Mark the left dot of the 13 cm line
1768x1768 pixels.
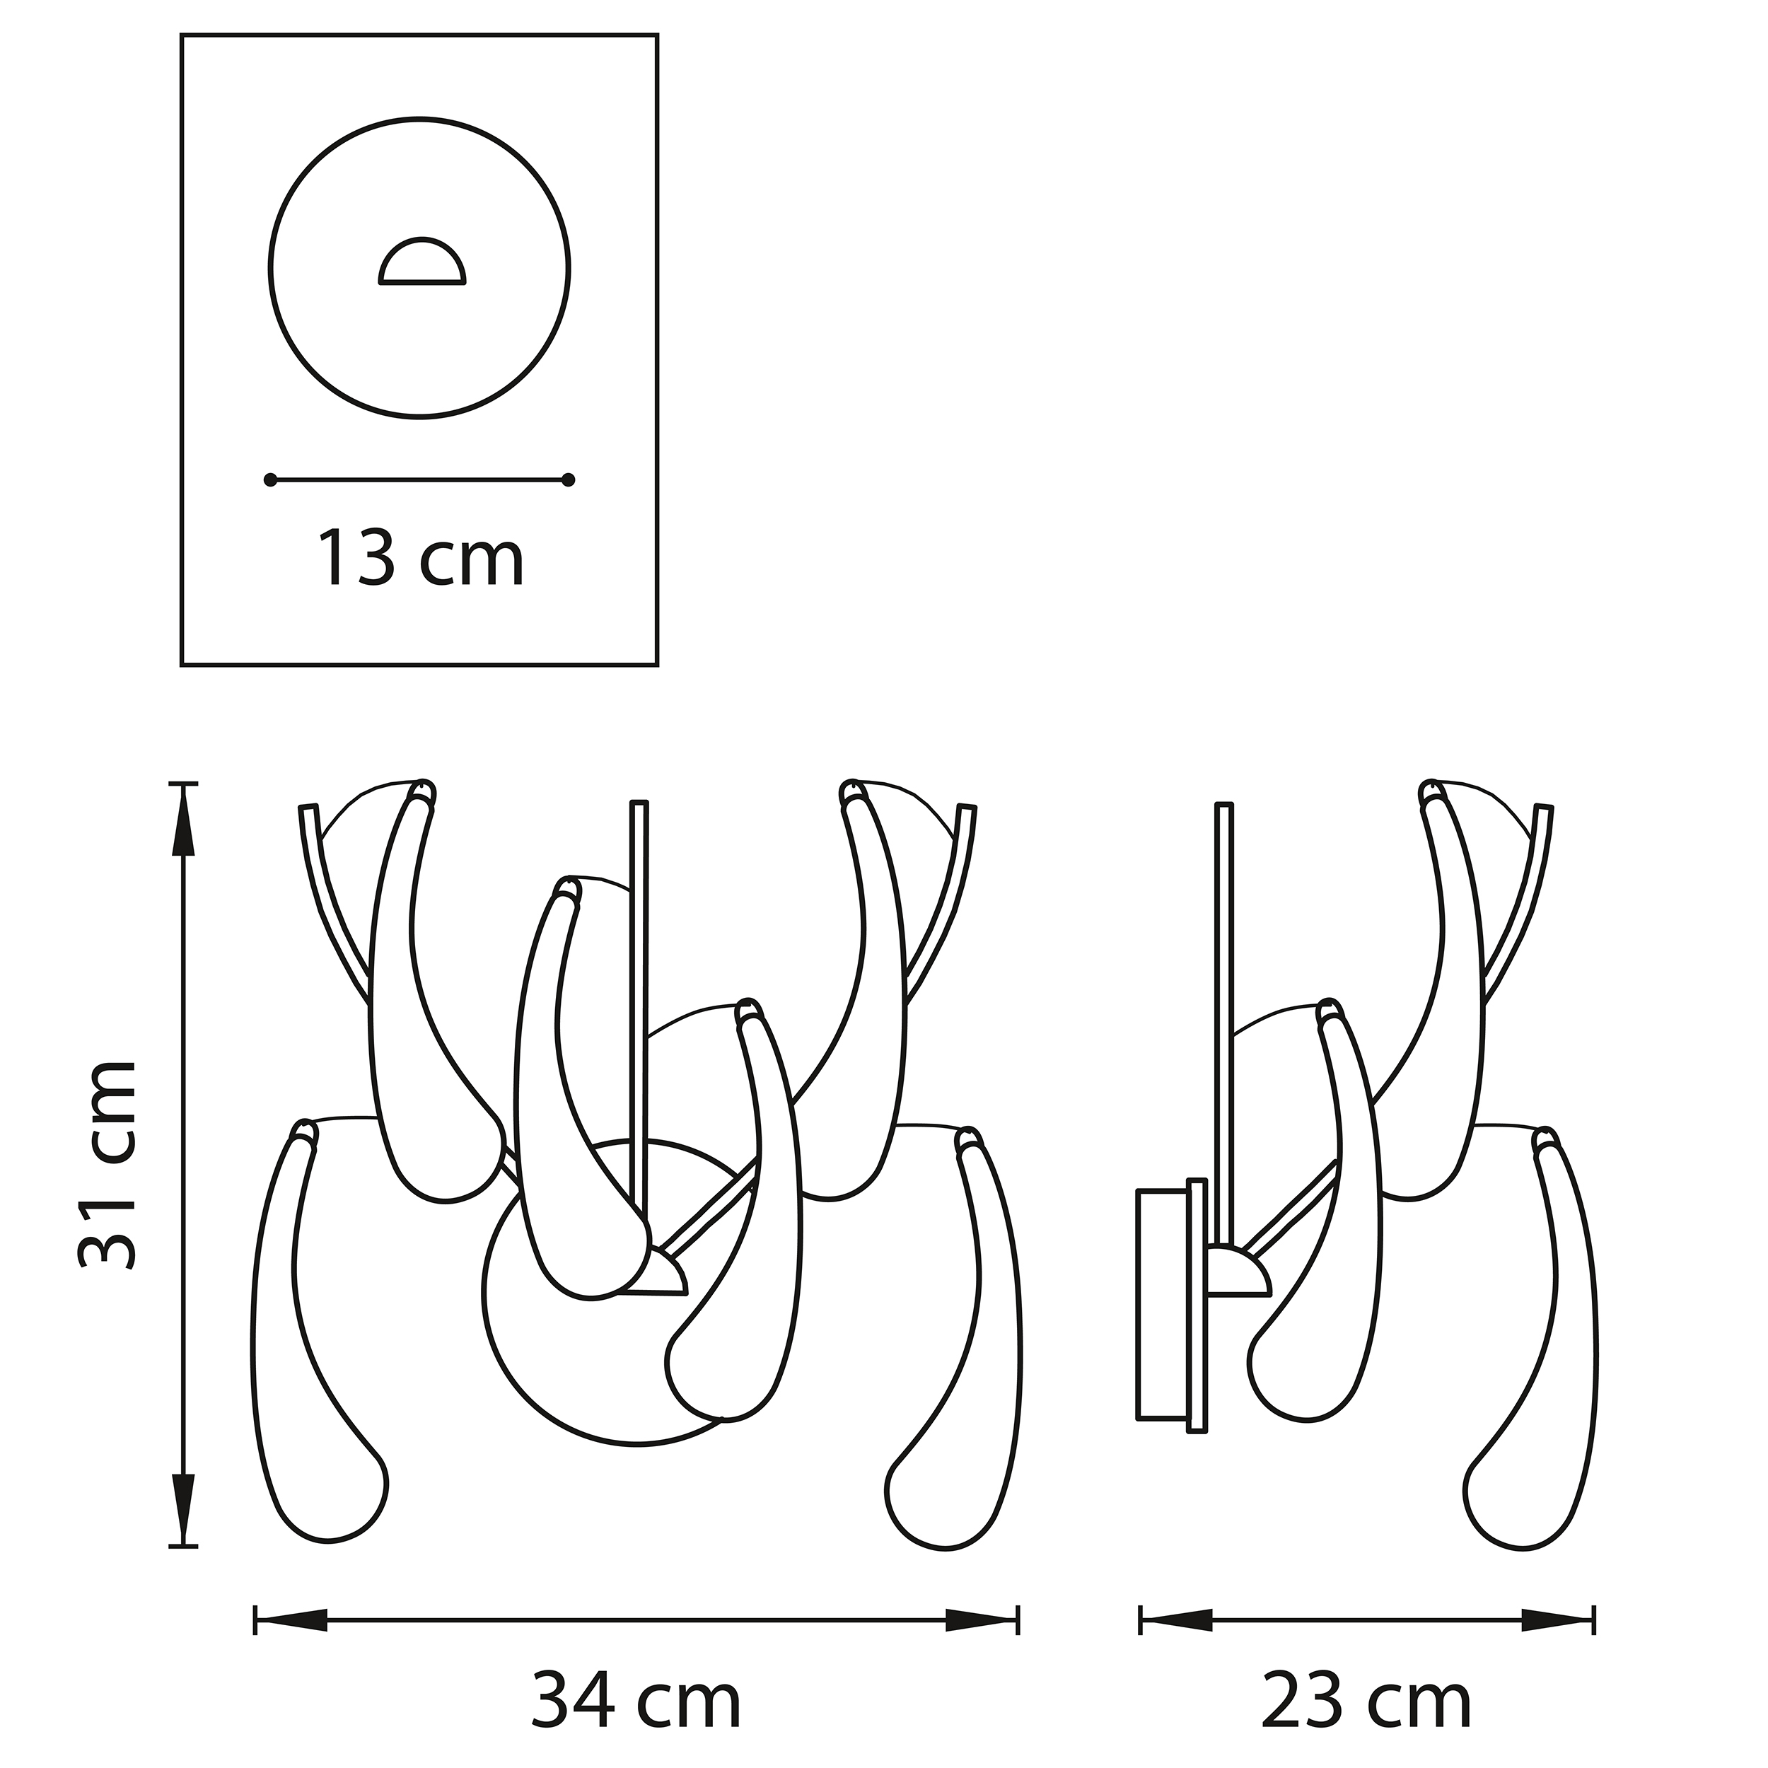pos(270,479)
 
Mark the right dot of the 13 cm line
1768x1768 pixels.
pos(569,479)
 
